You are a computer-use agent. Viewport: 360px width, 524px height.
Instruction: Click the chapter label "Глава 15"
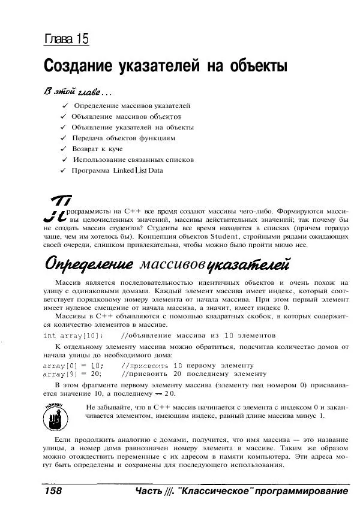click(67, 40)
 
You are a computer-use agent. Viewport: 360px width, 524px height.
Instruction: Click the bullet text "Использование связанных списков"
click(134, 159)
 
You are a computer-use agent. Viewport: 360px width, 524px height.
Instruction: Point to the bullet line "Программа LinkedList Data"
click(117, 170)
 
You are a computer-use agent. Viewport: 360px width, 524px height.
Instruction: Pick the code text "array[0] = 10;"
click(73, 365)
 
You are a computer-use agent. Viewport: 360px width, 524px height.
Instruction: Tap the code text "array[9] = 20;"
click(73, 373)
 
